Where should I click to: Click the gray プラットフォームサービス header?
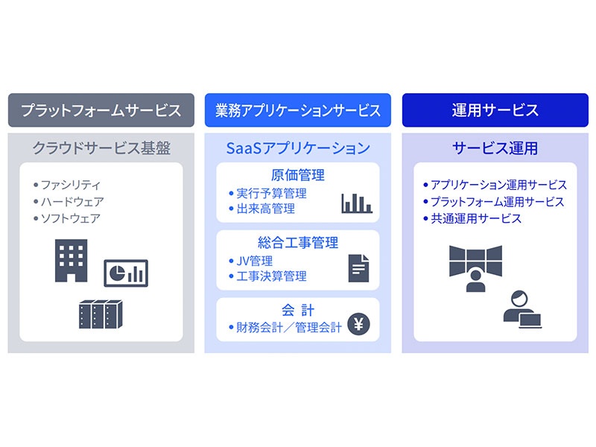point(101,110)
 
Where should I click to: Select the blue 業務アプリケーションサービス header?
point(297,110)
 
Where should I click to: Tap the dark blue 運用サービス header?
point(495,110)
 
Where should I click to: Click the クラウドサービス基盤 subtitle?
point(101,148)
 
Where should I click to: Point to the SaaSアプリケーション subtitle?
point(298,148)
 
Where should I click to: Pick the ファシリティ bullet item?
point(67,185)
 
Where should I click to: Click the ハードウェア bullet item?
point(69,201)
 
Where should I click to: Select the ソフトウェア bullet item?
point(67,218)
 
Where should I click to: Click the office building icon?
point(71,260)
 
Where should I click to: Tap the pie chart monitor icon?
point(126,273)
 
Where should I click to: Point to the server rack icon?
point(101,314)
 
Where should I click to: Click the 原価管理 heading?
point(298,175)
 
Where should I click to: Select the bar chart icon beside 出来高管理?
point(357,203)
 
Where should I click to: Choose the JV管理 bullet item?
point(251,261)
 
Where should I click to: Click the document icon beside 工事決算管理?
point(358,268)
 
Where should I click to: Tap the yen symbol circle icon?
point(358,324)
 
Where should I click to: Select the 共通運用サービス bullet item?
point(472,218)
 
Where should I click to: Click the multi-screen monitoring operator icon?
point(475,268)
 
